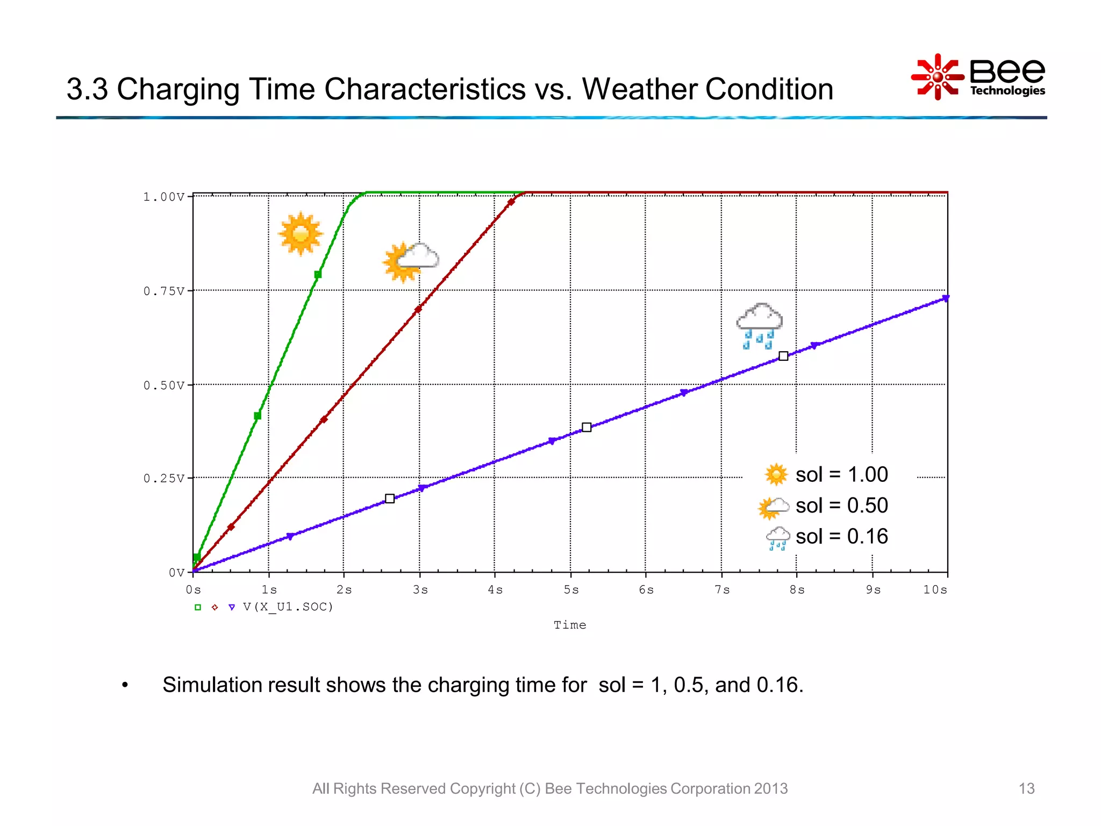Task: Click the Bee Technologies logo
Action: [x=978, y=77]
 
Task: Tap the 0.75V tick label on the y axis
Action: [x=164, y=291]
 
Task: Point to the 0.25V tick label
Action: [x=164, y=478]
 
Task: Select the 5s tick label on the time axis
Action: [x=571, y=590]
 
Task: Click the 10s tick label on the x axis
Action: [x=935, y=590]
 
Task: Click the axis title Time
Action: [x=570, y=625]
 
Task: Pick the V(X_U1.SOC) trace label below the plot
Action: [x=288, y=607]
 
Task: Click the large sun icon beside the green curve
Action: [x=301, y=233]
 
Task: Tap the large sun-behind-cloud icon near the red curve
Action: [x=410, y=261]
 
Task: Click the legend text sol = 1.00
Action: [x=841, y=475]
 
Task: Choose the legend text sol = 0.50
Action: [x=841, y=505]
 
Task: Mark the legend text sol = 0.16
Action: [x=841, y=537]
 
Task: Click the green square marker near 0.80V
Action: [x=318, y=274]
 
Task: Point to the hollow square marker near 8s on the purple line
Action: [x=783, y=356]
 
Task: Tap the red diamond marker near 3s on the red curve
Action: [x=418, y=309]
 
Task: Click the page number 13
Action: [x=1026, y=788]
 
